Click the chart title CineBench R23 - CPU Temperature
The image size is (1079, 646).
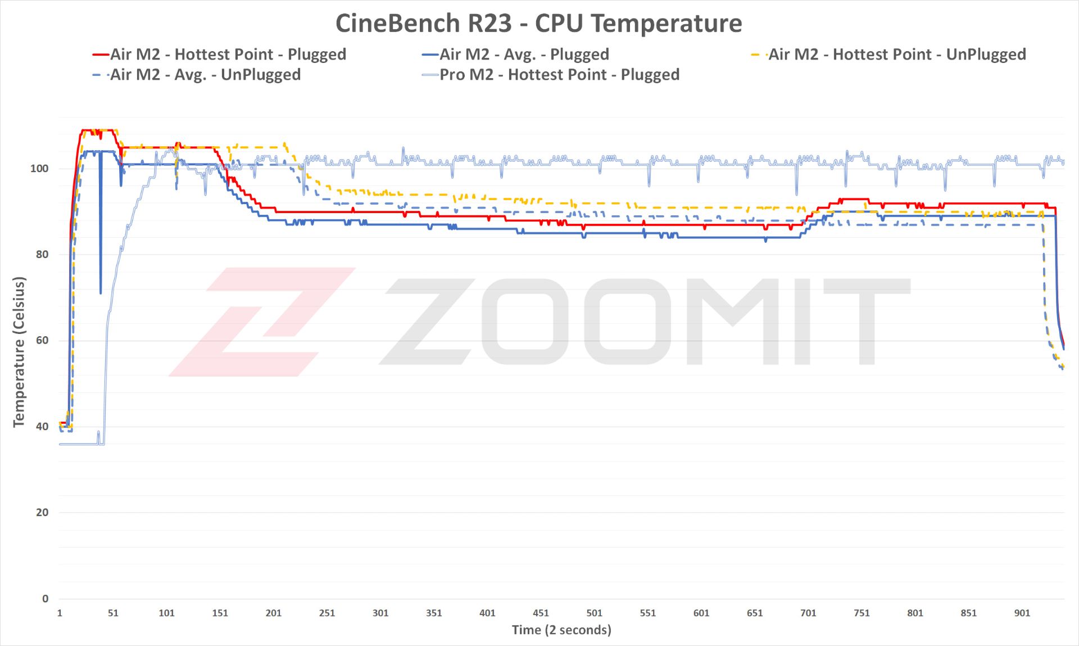click(x=538, y=24)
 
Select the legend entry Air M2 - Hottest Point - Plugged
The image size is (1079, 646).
click(x=228, y=55)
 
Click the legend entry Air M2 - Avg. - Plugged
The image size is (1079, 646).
click(x=524, y=55)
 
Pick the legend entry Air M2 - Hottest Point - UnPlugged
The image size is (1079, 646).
click(x=896, y=55)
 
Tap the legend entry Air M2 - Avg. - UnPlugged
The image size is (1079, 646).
click(x=205, y=75)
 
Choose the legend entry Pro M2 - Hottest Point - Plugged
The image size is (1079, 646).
click(x=559, y=75)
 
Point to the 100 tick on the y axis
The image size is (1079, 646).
click(x=39, y=169)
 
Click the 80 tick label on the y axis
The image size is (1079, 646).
click(x=42, y=255)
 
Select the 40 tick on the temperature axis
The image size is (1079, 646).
click(x=42, y=427)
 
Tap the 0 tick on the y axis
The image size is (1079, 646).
click(x=45, y=599)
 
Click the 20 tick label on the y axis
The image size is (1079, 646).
click(x=42, y=513)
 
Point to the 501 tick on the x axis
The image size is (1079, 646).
click(x=594, y=613)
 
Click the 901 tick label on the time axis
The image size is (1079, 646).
click(x=1022, y=613)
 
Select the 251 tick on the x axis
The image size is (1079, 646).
click(x=327, y=613)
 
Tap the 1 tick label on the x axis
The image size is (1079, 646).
click(x=60, y=613)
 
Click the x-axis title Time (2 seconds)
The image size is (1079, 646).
click(x=561, y=630)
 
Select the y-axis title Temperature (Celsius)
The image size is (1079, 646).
click(x=19, y=352)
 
